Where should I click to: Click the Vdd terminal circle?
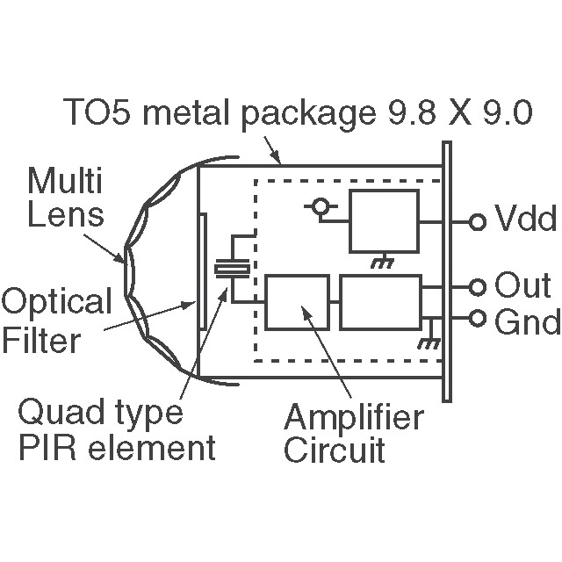pyautogui.click(x=478, y=222)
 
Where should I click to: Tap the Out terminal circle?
pyautogui.click(x=478, y=286)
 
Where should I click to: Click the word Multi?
pyautogui.click(x=65, y=184)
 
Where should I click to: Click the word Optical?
pyautogui.click(x=57, y=303)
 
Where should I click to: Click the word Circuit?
pyautogui.click(x=335, y=450)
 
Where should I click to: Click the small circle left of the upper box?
pyautogui.click(x=321, y=207)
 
